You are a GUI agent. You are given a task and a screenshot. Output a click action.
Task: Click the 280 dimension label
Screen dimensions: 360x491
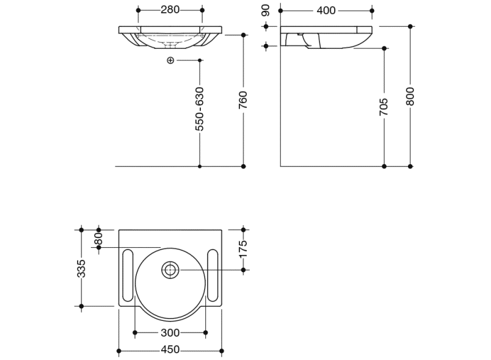tap(170, 10)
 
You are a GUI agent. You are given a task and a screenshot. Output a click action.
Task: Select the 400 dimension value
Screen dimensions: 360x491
tap(326, 10)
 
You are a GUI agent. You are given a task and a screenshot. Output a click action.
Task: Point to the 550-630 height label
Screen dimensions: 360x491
tap(200, 109)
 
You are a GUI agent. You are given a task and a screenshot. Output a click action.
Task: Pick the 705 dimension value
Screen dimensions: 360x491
tap(384, 107)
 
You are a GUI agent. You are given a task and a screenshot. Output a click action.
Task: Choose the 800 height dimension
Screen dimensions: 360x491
tap(410, 96)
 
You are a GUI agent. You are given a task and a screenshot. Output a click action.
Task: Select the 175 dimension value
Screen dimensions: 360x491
tap(243, 250)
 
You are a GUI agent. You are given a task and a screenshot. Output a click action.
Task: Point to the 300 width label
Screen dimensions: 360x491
tap(170, 333)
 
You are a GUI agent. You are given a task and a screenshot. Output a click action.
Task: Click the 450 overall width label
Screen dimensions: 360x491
tap(170, 350)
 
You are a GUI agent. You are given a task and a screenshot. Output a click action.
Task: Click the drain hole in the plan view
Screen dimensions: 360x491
tap(170, 269)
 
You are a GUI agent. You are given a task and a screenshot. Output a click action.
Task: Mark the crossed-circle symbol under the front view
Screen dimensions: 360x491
tap(170, 60)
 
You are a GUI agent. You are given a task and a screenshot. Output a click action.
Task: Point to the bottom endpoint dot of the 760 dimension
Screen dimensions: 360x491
tap(243, 166)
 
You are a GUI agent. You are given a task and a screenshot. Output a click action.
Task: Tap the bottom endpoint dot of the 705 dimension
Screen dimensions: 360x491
tap(384, 166)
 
